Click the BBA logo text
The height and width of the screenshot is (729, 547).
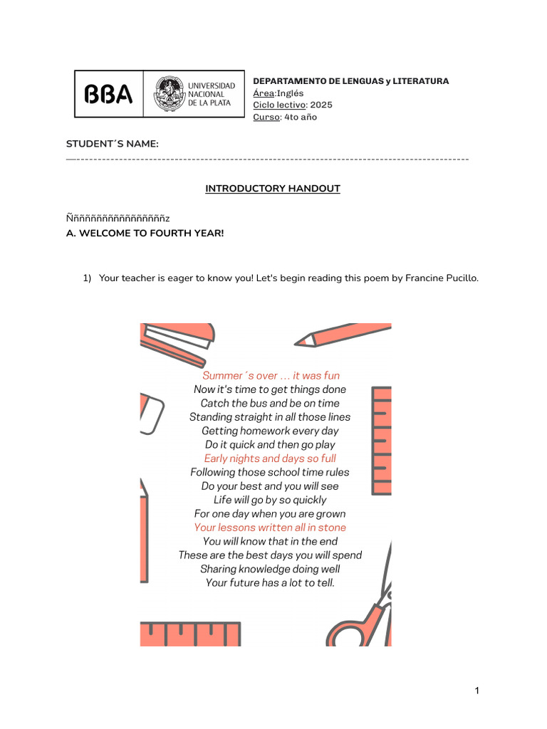109,94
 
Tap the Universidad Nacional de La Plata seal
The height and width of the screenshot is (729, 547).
169,94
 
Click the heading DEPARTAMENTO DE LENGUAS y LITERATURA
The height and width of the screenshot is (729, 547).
351,81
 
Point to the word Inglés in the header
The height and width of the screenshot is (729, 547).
290,93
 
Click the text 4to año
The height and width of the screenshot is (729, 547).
301,117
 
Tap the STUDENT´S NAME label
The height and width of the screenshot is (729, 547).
113,145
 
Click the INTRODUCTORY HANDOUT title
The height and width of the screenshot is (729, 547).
273,189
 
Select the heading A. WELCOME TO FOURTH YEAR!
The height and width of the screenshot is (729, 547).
145,233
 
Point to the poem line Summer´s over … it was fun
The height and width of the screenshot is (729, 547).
271,375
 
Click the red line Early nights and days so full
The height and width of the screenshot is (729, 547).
270,458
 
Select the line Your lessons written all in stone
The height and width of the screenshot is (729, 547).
270,528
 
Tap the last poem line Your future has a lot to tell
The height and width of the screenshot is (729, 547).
270,582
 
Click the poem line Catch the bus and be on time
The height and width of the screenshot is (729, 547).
270,403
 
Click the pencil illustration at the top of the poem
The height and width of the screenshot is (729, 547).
342,335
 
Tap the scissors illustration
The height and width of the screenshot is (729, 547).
363,612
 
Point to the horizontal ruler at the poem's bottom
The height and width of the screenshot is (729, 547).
189,633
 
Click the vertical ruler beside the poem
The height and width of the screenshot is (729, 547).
382,440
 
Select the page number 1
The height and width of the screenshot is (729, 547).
477,691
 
